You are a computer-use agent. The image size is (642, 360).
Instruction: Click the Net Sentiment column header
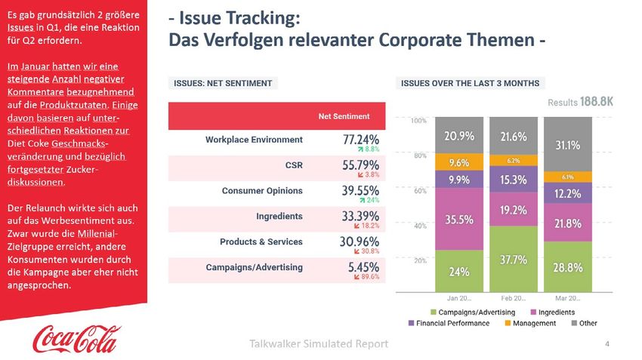click(x=344, y=116)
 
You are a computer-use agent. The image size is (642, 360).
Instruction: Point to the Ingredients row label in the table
click(x=279, y=216)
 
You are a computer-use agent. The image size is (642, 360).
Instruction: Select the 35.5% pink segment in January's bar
click(x=459, y=220)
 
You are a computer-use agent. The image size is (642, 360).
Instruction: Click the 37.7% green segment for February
click(x=514, y=259)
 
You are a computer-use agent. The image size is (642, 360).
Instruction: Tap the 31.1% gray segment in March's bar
click(x=568, y=145)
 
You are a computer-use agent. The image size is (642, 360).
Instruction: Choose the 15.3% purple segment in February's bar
click(x=514, y=180)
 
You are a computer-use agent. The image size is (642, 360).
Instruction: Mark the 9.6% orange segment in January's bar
click(x=459, y=162)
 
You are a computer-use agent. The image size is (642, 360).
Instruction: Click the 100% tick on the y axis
click(x=418, y=120)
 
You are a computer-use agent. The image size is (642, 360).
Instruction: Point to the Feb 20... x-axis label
click(x=514, y=299)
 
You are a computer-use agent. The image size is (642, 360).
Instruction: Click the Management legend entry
click(x=534, y=323)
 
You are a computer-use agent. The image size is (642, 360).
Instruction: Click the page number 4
click(x=607, y=344)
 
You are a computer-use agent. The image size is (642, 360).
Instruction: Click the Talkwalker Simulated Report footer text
click(x=318, y=344)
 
